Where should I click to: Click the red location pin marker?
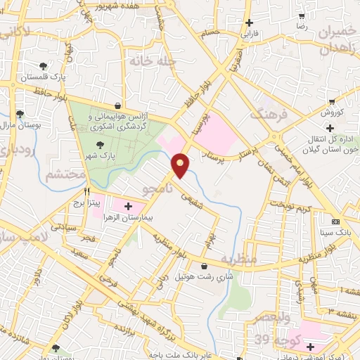(181, 165)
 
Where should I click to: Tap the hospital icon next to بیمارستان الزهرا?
(128, 206)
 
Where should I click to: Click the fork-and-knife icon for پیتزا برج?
(87, 191)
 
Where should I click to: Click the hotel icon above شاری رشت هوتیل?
(204, 266)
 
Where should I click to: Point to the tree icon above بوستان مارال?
(20, 113)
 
